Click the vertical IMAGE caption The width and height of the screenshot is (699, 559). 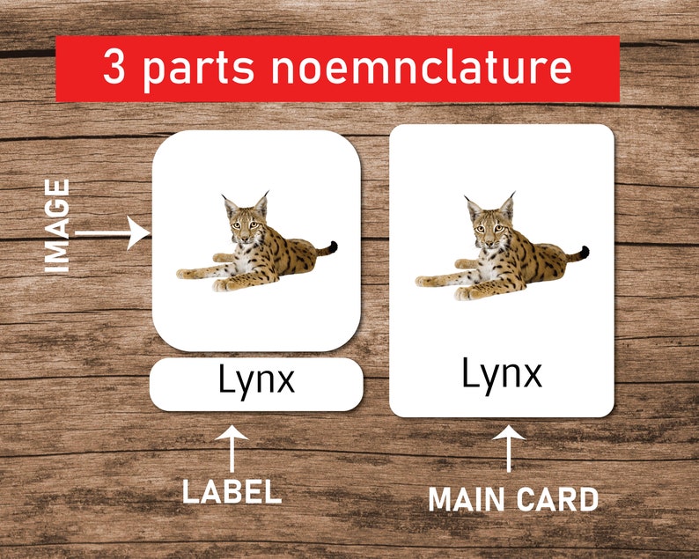pyautogui.click(x=57, y=225)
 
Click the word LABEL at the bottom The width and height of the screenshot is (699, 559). pyautogui.click(x=232, y=491)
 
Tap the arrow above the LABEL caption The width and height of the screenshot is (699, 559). pyautogui.click(x=232, y=447)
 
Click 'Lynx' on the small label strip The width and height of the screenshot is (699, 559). pyautogui.click(x=256, y=382)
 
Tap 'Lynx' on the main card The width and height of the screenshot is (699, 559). pyautogui.click(x=502, y=374)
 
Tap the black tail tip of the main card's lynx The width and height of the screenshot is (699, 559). pyautogui.click(x=583, y=252)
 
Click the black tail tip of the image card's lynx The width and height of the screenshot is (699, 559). pyautogui.click(x=332, y=246)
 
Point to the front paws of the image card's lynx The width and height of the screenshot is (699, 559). pyautogui.click(x=190, y=276)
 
